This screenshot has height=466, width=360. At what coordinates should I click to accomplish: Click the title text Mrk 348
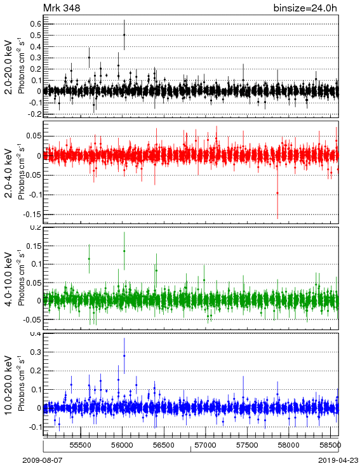[62, 8]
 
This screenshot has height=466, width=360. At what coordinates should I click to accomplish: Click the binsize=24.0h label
[305, 8]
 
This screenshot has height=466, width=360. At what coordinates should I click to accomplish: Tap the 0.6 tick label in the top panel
[36, 24]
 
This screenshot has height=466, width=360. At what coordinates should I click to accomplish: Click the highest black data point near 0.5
[124, 35]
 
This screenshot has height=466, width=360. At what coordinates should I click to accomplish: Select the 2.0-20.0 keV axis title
[8, 67]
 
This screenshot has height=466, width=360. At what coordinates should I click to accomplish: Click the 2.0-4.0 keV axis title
[8, 173]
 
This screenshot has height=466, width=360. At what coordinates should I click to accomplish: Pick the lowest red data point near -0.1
[277, 193]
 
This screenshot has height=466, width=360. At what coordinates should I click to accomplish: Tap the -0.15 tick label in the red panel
[34, 215]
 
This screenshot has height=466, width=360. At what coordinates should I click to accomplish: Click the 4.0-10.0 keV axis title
[8, 279]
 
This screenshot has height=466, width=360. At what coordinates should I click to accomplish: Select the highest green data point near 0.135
[124, 251]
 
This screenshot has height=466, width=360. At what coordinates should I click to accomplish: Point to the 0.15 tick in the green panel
[34, 246]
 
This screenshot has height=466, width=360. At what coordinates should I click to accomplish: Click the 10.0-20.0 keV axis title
[8, 385]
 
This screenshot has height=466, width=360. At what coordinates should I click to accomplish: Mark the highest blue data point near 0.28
[124, 356]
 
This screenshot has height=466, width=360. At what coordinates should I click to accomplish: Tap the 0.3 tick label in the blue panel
[36, 352]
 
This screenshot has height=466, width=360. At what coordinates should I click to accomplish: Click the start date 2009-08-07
[43, 460]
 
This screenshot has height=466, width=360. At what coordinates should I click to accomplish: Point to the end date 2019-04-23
[338, 460]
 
